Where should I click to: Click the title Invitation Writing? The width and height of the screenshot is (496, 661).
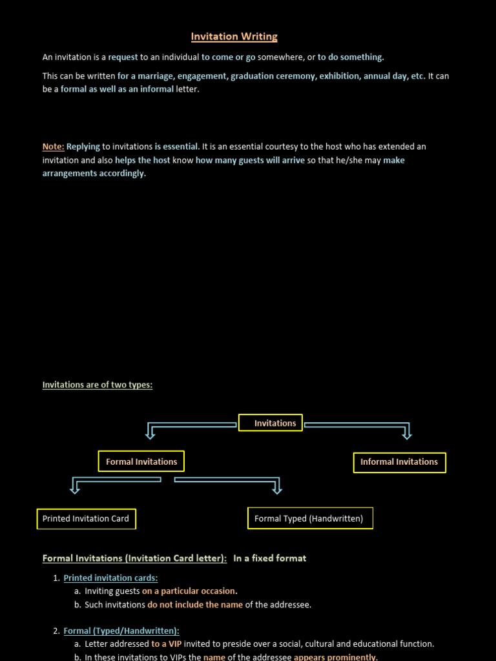(x=234, y=37)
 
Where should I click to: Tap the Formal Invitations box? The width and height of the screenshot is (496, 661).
(x=141, y=462)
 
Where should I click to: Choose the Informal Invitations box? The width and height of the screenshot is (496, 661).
(x=399, y=462)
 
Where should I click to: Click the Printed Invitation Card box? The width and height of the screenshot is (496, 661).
(x=86, y=518)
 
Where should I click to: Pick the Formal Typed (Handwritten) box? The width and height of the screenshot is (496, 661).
(x=310, y=518)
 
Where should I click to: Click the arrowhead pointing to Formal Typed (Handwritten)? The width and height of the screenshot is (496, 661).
(x=278, y=490)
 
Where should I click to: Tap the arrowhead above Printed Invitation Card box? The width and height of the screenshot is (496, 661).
(x=75, y=490)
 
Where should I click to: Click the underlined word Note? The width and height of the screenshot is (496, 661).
(x=53, y=147)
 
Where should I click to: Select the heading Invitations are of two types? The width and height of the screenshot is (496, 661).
(x=98, y=385)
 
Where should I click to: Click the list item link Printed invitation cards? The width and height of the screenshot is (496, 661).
(x=110, y=578)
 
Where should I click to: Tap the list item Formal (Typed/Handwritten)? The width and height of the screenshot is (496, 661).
(x=121, y=631)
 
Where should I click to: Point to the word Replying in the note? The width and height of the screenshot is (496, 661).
(x=83, y=147)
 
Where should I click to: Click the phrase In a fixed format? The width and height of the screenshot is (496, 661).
(x=269, y=558)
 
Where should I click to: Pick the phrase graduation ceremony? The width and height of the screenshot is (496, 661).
(x=272, y=76)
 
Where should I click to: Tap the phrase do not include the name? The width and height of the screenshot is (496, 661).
(x=195, y=605)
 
